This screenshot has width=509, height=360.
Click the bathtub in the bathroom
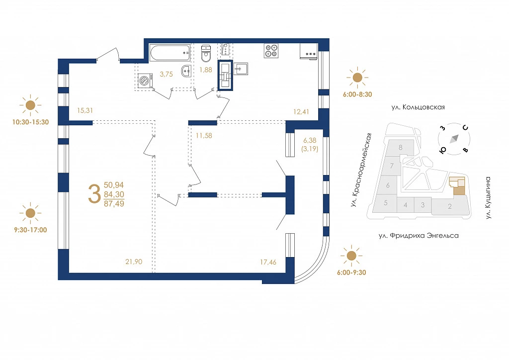[x=170, y=53]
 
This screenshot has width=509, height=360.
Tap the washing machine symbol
[x=145, y=81]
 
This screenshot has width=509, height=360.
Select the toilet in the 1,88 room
[x=206, y=54]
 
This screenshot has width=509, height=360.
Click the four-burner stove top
[x=271, y=51]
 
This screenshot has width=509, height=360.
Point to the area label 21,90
[x=134, y=262]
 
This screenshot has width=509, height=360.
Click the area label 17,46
[x=268, y=262]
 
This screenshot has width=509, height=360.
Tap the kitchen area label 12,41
[x=301, y=112]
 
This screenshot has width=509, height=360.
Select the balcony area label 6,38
[x=310, y=140]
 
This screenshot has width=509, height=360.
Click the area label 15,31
[x=85, y=110]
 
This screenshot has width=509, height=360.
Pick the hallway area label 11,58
[x=204, y=136]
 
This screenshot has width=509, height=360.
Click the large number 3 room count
[x=94, y=194]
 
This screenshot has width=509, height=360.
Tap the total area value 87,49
[x=114, y=203]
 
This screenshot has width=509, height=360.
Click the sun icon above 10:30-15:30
[x=30, y=105]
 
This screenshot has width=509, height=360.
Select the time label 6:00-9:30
[x=351, y=272]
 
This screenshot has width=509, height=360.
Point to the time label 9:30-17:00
[x=30, y=230]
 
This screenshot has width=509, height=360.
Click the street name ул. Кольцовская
[x=418, y=107]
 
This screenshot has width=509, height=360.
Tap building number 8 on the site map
[x=401, y=147]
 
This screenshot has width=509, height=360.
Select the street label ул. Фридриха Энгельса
[x=419, y=236]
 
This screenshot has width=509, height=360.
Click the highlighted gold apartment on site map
[x=457, y=186]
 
